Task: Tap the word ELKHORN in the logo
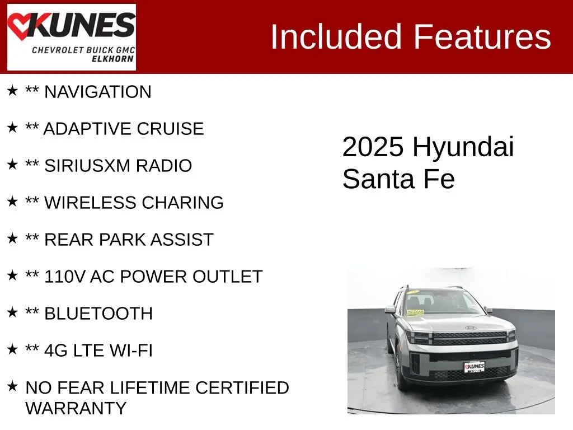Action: point(112,59)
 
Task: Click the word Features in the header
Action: point(482,37)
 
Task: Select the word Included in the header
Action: point(336,37)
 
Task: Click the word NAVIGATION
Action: point(97,92)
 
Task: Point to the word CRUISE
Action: point(170,129)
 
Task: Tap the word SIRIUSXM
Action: point(87,166)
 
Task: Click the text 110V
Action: point(65,277)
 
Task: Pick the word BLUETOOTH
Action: point(98,314)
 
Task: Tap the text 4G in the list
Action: point(56,350)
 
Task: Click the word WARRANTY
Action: point(76,408)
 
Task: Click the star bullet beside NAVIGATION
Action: point(12,90)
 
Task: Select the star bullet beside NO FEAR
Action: point(12,386)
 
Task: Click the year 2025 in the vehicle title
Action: point(373,147)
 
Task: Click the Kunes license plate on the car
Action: point(474,367)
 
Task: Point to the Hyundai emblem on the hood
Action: point(470,328)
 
